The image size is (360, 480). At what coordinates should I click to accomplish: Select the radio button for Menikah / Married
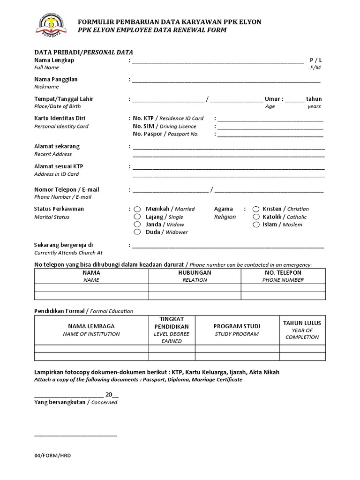click(137, 209)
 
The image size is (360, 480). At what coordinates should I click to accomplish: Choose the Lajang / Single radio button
click(137, 217)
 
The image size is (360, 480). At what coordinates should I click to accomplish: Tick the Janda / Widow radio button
click(137, 224)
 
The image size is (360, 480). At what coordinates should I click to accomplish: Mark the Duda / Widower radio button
click(137, 232)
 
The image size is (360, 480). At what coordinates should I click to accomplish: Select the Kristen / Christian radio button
click(256, 209)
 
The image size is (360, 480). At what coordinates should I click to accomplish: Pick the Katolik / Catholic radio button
click(256, 217)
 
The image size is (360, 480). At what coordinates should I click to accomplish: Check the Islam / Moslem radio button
click(256, 224)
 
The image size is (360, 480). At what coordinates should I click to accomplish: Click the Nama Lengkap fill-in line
click(218, 61)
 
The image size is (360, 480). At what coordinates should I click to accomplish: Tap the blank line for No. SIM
click(270, 127)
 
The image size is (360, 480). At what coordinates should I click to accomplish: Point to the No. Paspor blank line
click(270, 135)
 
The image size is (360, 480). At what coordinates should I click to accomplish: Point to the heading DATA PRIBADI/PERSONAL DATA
click(87, 52)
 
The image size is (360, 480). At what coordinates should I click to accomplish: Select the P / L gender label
click(316, 60)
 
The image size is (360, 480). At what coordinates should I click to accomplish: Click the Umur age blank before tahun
click(294, 100)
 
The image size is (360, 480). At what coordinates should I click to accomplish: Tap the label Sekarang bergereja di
click(64, 245)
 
